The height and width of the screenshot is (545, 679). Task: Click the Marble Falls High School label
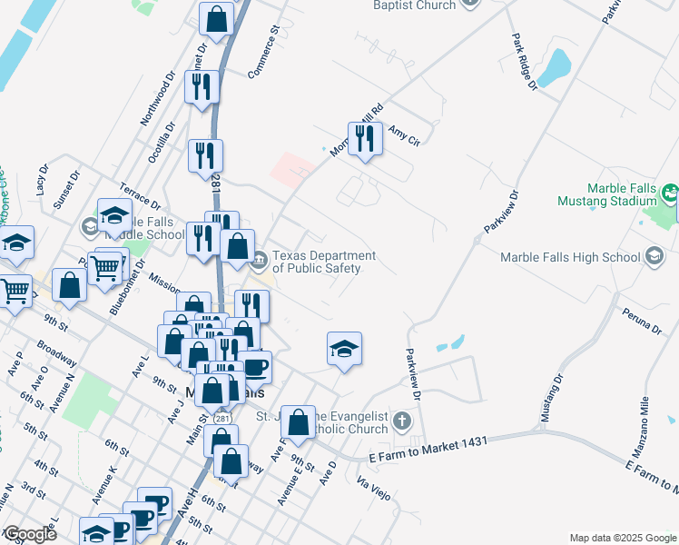570,257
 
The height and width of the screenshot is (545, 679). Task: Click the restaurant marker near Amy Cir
365,139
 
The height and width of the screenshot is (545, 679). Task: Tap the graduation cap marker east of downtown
344,350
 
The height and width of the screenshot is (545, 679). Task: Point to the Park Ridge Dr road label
525,61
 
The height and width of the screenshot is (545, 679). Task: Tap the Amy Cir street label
405,137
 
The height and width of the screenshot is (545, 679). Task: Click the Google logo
29,533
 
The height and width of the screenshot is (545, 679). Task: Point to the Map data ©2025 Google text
622,538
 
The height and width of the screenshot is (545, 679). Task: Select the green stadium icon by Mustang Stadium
670,193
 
